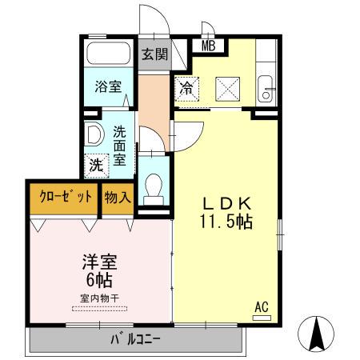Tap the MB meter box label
(208, 46)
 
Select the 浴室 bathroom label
(109, 87)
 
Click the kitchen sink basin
(266, 86)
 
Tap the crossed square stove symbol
(228, 86)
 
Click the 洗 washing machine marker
(96, 165)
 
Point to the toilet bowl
(154, 186)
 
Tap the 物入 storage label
(117, 197)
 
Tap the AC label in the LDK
(261, 306)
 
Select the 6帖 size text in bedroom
(98, 280)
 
